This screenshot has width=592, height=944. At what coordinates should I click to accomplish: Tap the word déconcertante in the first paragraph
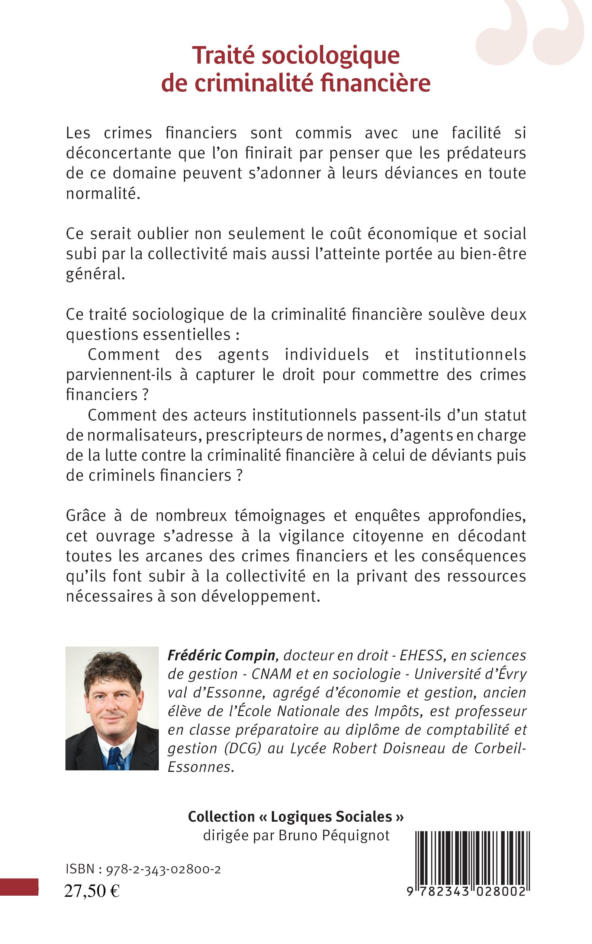coord(119,153)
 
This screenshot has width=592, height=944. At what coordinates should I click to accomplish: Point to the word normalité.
coord(103,193)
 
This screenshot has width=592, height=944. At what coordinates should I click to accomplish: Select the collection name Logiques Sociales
coord(331,817)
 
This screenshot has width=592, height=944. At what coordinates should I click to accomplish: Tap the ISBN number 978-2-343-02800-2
coord(163,870)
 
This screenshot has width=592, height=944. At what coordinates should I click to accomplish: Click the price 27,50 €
coord(92,891)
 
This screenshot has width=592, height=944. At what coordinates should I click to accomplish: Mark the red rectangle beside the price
coord(19,887)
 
